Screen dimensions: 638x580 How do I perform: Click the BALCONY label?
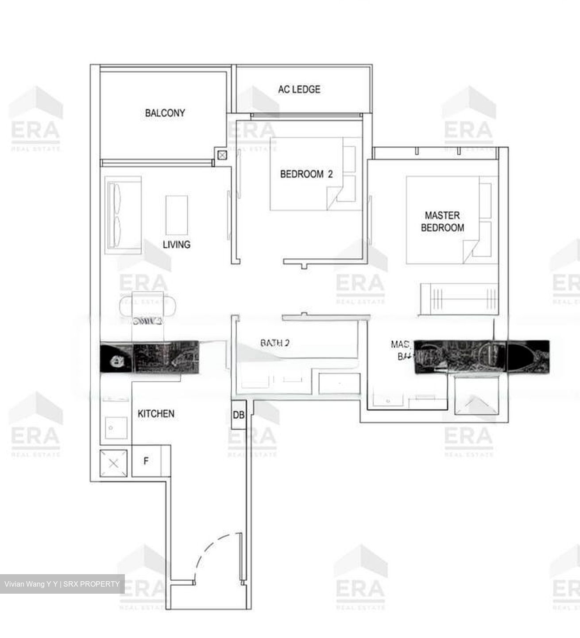click(165, 113)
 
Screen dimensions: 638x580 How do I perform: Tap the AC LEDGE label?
click(299, 89)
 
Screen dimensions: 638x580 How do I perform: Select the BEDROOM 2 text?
click(306, 174)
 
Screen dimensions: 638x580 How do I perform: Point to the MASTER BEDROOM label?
click(442, 222)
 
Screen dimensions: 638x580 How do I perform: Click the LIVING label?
click(176, 244)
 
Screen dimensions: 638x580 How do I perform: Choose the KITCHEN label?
click(156, 414)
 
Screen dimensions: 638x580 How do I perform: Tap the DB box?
click(238, 415)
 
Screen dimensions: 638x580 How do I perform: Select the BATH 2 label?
click(275, 343)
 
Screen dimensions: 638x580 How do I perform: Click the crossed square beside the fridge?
click(114, 463)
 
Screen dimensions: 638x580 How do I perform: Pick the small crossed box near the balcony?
click(222, 155)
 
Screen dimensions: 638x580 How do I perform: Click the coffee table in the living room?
click(177, 215)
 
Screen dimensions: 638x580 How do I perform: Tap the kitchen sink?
click(116, 428)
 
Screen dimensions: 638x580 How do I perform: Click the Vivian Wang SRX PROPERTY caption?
click(62, 584)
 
